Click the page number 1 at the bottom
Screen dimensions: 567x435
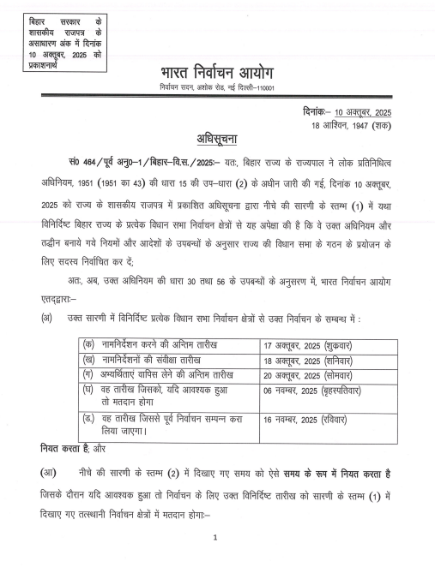pyautogui.click(x=216, y=538)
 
